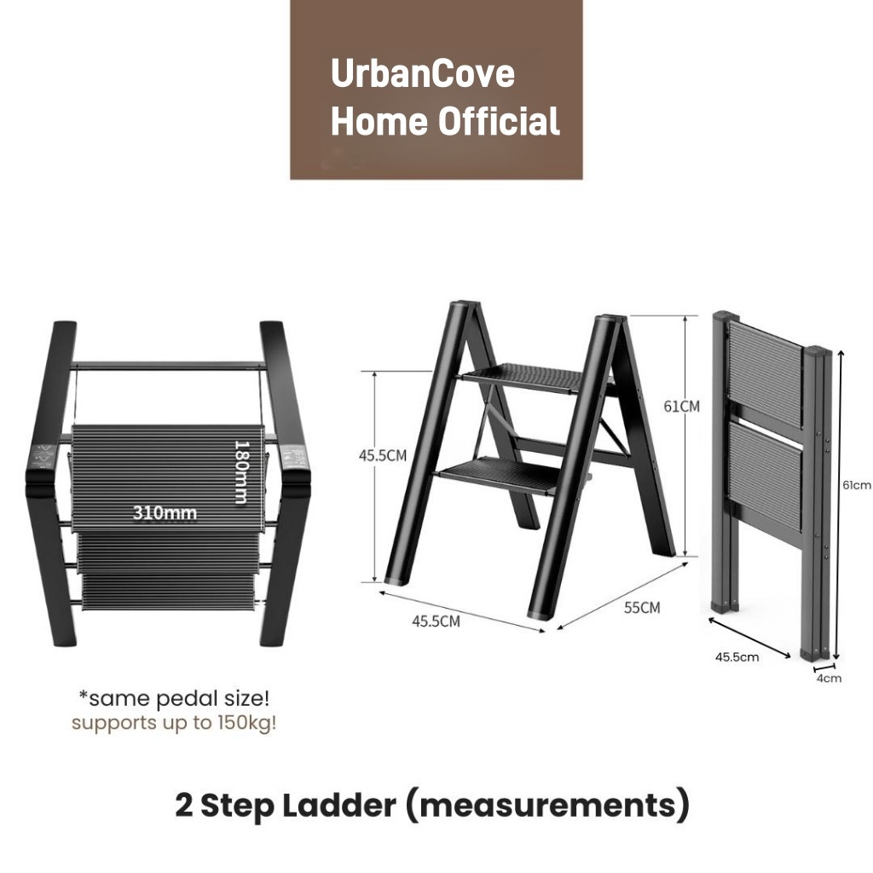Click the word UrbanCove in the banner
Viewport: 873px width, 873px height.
click(423, 73)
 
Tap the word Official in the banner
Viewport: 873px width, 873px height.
click(498, 121)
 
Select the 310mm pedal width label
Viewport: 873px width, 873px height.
click(165, 512)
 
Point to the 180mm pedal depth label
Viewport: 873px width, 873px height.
click(240, 472)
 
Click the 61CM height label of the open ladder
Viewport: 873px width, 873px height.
click(681, 407)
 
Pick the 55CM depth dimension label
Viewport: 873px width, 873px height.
click(642, 607)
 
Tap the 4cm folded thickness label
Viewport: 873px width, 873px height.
click(829, 678)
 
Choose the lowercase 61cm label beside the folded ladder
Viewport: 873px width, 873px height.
click(857, 485)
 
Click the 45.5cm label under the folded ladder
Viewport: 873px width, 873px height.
click(737, 657)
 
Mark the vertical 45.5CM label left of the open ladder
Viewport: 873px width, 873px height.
click(383, 455)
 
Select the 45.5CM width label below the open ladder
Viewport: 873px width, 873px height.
click(436, 621)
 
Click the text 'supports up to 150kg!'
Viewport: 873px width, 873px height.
click(174, 723)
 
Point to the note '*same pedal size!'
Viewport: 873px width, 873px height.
click(174, 698)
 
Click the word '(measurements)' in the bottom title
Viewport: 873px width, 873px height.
click(547, 805)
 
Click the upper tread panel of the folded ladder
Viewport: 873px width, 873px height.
click(765, 373)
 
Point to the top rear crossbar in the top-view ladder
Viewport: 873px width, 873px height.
click(168, 366)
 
